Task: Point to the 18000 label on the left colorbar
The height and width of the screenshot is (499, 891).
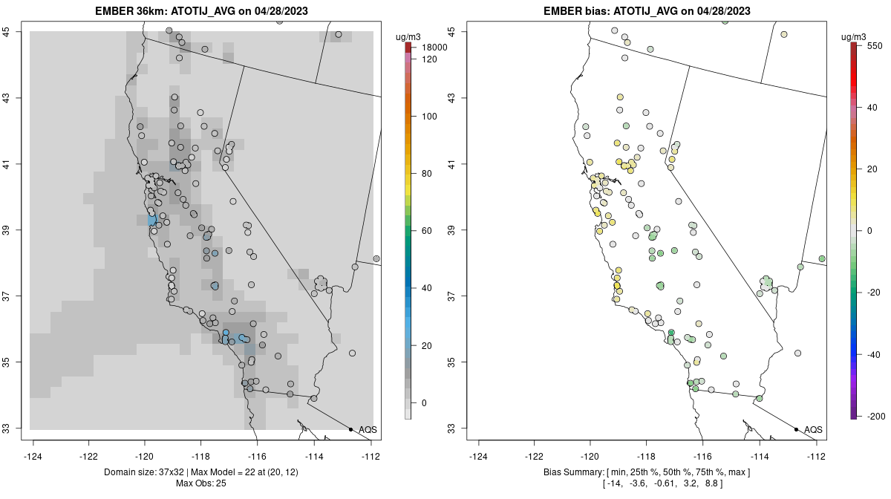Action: click(432, 47)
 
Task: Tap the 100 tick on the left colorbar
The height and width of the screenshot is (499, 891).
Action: click(429, 117)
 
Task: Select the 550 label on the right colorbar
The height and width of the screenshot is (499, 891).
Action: click(873, 45)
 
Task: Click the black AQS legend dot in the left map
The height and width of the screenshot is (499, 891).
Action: click(350, 429)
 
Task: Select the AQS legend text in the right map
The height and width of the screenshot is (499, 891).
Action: click(813, 429)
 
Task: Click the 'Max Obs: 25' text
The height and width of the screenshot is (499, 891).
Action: click(201, 483)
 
